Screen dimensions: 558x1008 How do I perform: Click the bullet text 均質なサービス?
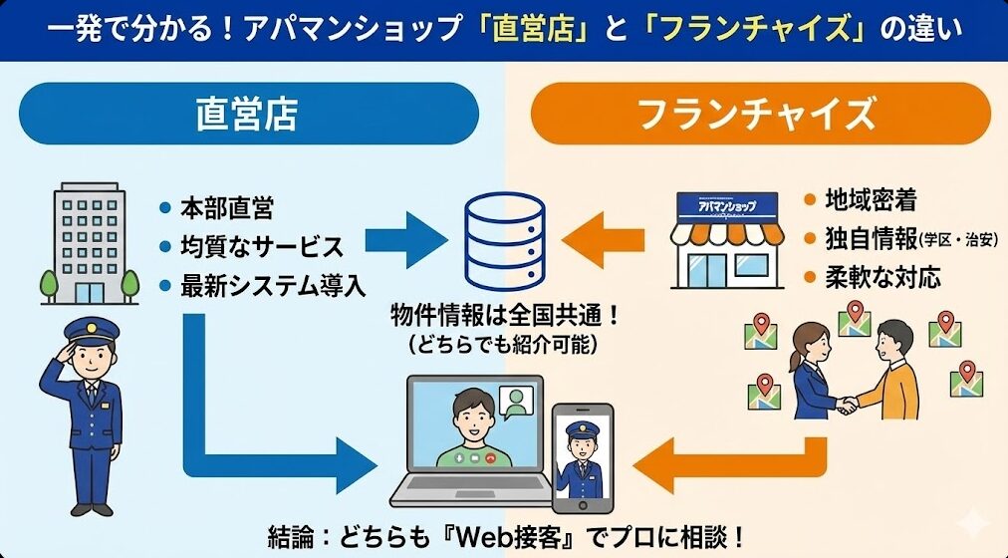(x=261, y=246)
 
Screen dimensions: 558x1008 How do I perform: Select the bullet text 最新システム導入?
(x=272, y=284)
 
